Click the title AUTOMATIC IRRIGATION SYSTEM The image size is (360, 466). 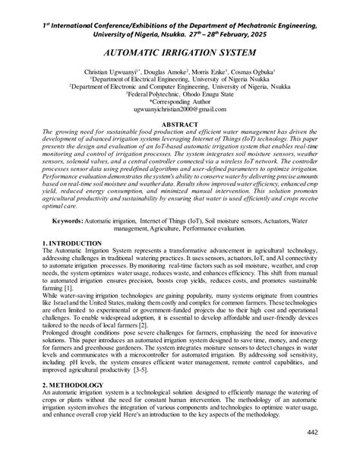click(x=179, y=55)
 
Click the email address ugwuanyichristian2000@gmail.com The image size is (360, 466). click(x=180, y=109)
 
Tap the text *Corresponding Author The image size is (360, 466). click(x=180, y=101)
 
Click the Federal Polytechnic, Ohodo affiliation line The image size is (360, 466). click(x=180, y=94)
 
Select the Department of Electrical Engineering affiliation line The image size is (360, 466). click(x=180, y=78)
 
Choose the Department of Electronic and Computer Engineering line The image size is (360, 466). click(x=180, y=86)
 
